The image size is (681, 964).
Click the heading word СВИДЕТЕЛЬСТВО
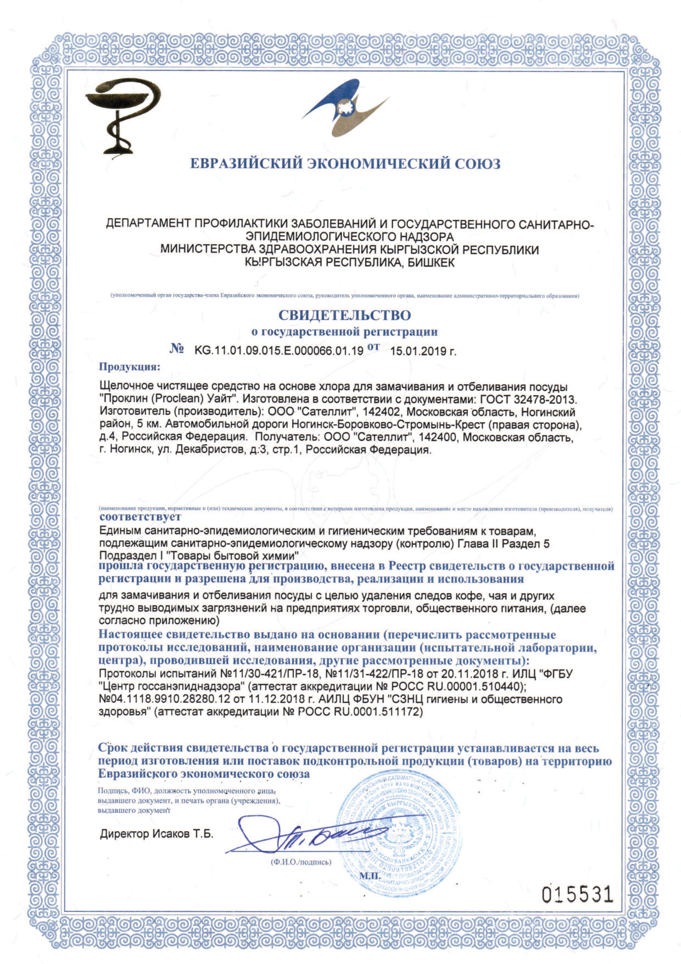(344, 315)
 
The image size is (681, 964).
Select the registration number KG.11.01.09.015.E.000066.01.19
(279, 351)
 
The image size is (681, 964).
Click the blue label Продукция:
(130, 367)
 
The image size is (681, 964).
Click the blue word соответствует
(140, 517)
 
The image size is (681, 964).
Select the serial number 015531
(577, 895)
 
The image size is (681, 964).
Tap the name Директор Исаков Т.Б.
(156, 834)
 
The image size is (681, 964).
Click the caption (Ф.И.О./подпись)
(301, 862)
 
